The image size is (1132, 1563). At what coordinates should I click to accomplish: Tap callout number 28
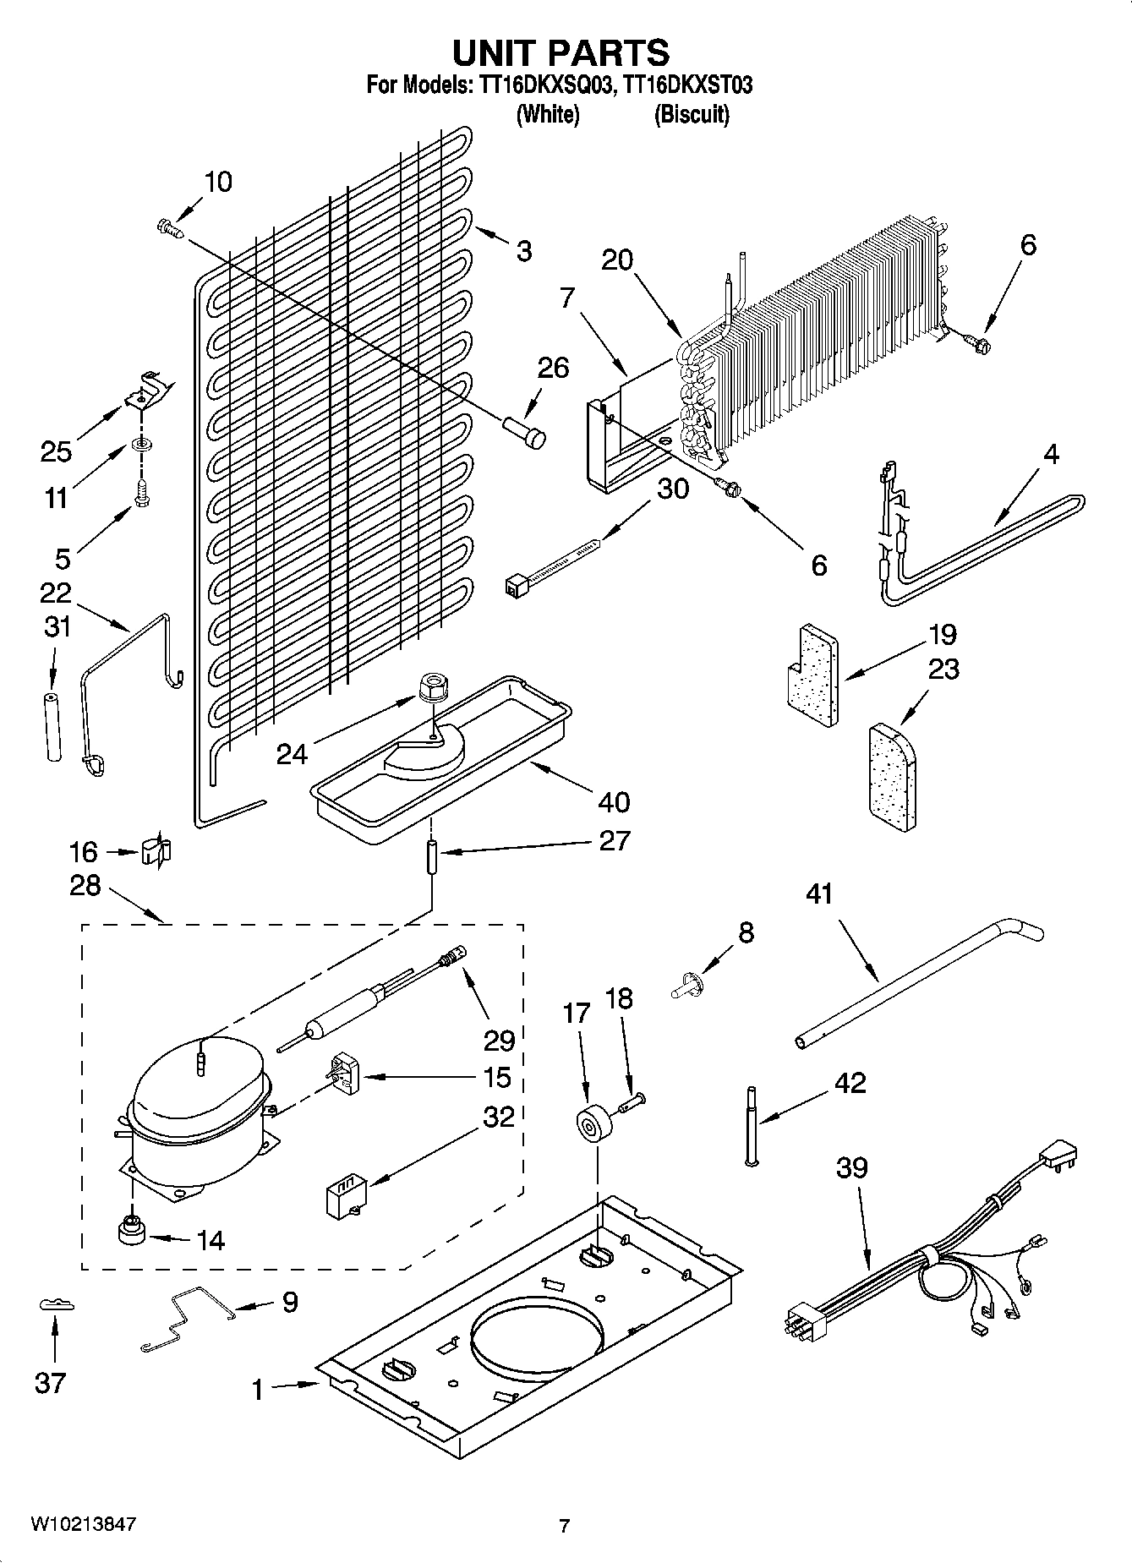click(x=85, y=885)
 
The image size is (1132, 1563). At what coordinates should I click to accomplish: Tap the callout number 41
click(x=819, y=894)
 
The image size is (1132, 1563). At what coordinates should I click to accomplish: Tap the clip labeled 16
click(x=156, y=851)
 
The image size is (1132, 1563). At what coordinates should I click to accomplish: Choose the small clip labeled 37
click(x=56, y=1306)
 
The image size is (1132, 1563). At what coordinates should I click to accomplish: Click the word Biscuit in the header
click(x=691, y=114)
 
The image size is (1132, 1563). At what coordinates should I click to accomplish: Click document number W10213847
click(x=83, y=1524)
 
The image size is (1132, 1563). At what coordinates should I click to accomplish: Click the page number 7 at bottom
click(x=564, y=1526)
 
